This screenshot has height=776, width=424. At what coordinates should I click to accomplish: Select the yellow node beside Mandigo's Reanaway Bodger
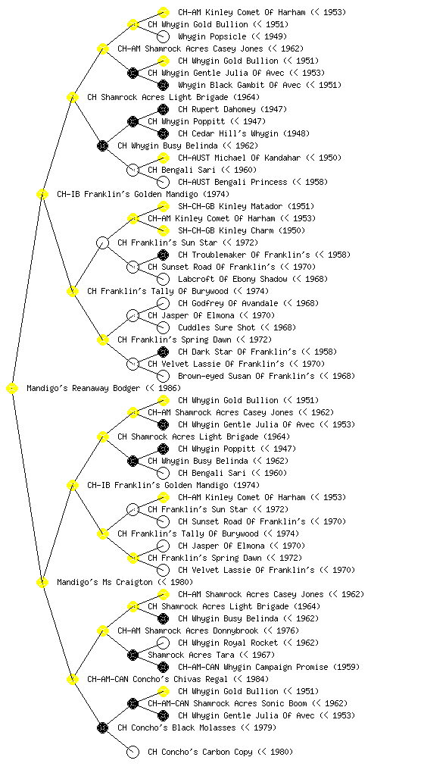12,389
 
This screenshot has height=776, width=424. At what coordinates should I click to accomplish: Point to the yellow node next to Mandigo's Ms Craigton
42,583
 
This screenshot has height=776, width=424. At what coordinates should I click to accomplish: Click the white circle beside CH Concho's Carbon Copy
132,753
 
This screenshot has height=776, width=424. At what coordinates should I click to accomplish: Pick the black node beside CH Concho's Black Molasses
102,728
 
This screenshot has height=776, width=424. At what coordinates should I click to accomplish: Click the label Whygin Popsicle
212,36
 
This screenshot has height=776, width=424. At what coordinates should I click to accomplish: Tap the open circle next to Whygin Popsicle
163,36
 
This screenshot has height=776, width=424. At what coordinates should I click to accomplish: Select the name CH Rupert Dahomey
217,109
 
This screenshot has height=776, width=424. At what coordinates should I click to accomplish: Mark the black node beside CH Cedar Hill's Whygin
163,133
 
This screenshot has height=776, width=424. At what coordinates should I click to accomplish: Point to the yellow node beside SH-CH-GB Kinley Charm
163,230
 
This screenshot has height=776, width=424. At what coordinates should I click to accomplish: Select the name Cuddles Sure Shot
217,327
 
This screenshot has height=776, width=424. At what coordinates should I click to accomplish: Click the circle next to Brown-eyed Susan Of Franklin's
163,376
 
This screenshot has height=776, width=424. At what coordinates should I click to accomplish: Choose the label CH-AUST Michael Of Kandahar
239,158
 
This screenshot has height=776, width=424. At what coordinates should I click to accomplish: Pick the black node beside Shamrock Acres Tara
132,656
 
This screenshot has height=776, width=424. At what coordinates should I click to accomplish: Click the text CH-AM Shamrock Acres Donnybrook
188,631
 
